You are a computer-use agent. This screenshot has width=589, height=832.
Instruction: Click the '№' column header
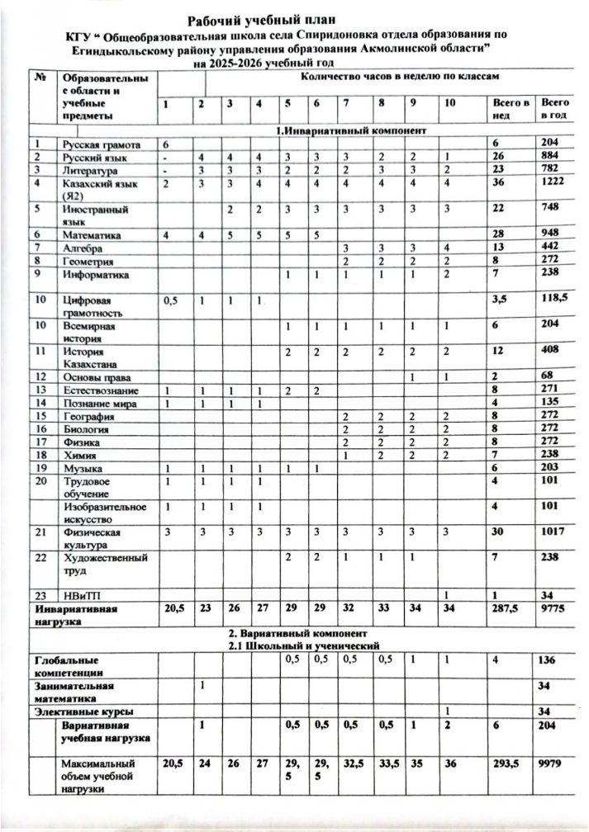point(40,78)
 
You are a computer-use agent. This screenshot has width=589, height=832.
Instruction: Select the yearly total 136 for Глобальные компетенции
point(549,659)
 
